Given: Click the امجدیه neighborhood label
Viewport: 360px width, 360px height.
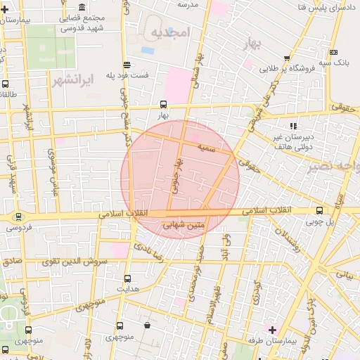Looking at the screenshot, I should click(170, 33).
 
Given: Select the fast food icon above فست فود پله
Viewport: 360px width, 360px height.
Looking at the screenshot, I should click(126, 63).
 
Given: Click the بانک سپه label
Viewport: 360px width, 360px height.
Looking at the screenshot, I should click(333, 63).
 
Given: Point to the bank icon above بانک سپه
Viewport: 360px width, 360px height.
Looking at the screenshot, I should click(333, 52).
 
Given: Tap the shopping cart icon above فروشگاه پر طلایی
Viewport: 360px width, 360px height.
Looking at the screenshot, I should click(286, 58).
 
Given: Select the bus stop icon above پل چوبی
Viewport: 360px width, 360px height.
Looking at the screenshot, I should click(320, 210).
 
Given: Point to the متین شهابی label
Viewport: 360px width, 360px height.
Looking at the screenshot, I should click(184, 226).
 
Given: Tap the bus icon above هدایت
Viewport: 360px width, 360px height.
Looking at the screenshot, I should click(127, 278).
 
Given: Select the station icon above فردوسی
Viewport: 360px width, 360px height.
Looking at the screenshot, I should click(18, 217).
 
